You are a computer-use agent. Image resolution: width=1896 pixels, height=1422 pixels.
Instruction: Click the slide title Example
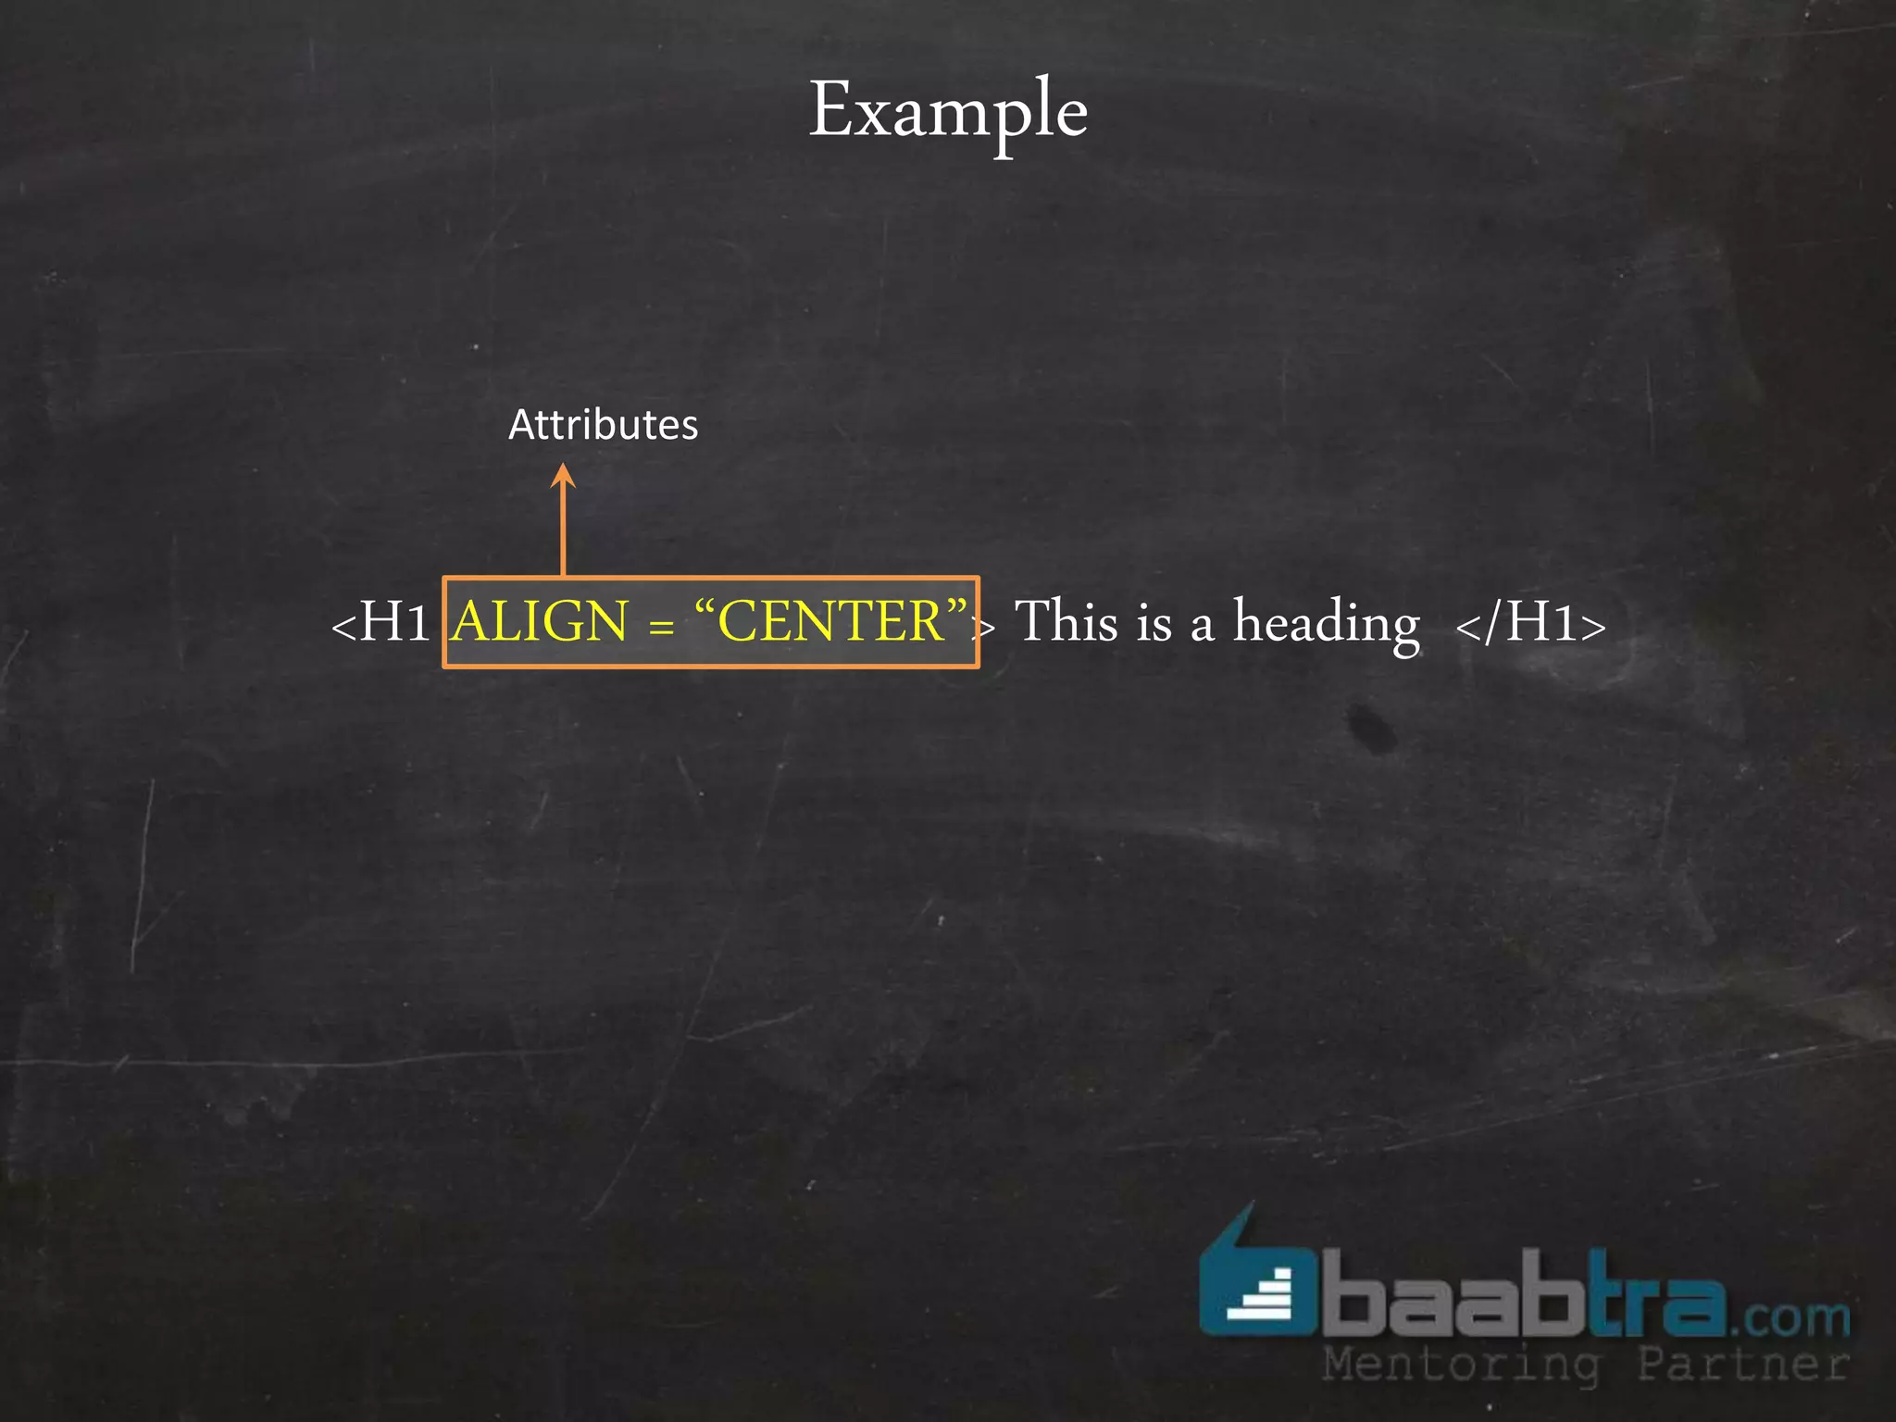click(x=948, y=111)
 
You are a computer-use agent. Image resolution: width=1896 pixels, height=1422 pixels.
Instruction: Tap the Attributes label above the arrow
click(x=603, y=425)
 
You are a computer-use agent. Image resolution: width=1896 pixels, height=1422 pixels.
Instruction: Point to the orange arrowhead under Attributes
click(x=563, y=476)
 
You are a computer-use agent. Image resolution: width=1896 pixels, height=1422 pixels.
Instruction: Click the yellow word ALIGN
click(x=541, y=621)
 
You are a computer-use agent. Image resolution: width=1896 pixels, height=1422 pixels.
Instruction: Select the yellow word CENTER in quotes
click(x=829, y=621)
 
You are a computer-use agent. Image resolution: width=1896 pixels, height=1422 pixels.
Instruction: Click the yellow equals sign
click(x=661, y=627)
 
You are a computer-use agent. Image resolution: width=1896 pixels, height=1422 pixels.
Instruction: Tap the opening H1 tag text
click(x=381, y=622)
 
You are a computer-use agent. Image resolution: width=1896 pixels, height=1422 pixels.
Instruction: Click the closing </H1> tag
click(x=1530, y=622)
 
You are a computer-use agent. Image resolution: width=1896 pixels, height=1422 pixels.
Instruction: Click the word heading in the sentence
click(x=1326, y=624)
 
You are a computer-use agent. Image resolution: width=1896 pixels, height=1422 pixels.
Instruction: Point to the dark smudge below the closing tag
click(x=1370, y=726)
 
